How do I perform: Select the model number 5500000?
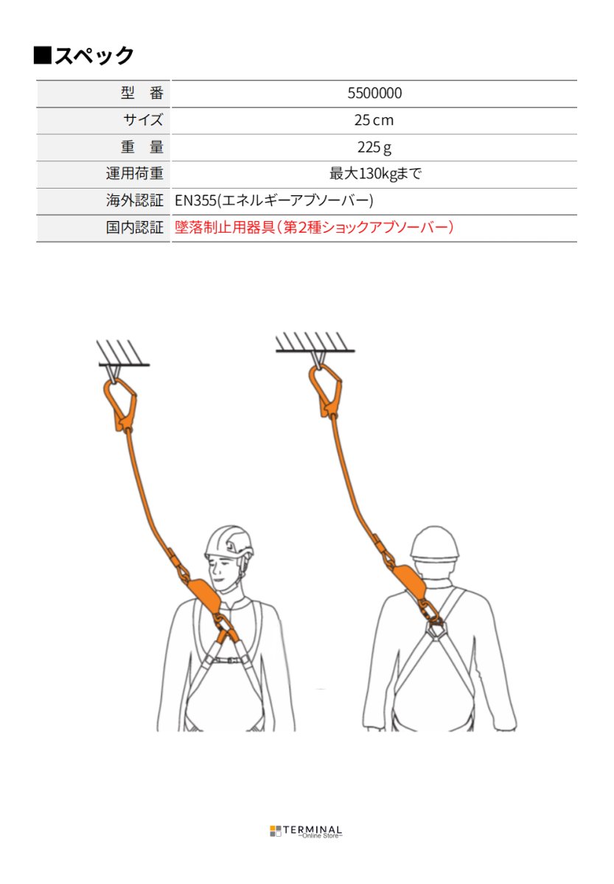tap(374, 94)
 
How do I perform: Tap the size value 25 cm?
tap(374, 120)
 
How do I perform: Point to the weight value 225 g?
tap(374, 147)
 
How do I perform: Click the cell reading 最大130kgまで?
tap(374, 174)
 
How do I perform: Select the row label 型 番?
tap(142, 94)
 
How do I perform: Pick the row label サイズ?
tap(143, 120)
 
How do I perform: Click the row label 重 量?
tap(142, 147)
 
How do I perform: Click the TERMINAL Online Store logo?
tap(306, 832)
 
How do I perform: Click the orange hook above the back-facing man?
tap(326, 390)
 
